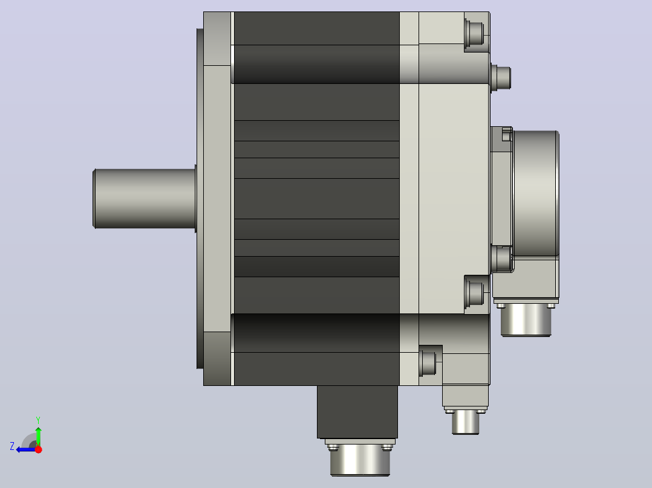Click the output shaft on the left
tap(145, 199)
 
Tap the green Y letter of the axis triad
tap(38, 420)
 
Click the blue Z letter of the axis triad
tap(12, 446)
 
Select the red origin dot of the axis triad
tap(38, 449)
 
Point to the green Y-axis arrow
tap(38, 436)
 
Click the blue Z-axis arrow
tap(26, 449)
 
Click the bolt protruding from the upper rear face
tap(501, 78)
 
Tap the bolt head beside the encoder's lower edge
tap(501, 258)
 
